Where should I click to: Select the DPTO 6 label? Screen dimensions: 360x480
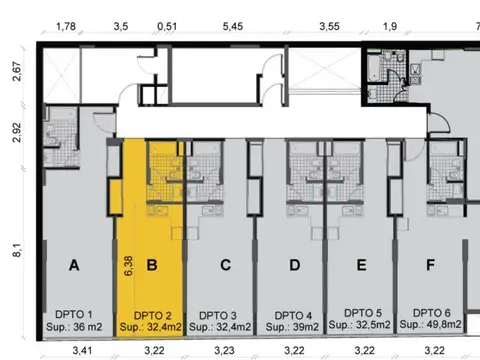point(432,312)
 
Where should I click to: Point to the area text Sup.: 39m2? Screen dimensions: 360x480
point(294,327)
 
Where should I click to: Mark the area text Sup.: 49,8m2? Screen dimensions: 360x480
point(432,325)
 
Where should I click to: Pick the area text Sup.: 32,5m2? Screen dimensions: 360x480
point(362,325)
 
